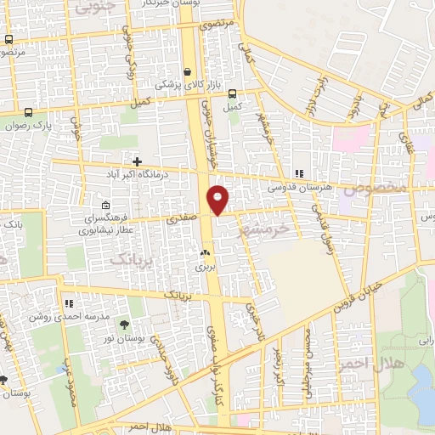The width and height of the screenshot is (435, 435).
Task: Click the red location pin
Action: pos(218,201)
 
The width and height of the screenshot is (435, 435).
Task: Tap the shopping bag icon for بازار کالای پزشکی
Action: pos(186,72)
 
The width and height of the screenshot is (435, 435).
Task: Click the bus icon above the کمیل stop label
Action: pos(232,94)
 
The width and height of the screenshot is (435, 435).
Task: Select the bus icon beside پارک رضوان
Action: pos(28,112)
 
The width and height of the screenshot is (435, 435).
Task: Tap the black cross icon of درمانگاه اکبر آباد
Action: pos(137,160)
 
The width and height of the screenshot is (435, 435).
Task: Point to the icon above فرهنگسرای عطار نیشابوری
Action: pos(105,205)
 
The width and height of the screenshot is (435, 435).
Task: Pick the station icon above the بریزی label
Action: pos(204,252)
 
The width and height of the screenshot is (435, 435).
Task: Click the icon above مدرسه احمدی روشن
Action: pos(68,302)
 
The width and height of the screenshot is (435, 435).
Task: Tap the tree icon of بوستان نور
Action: pos(125,325)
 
